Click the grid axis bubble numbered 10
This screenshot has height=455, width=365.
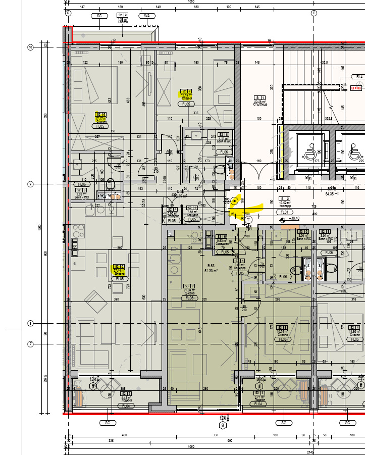(x=30, y=47)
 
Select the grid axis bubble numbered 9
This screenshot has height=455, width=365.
(x=30, y=184)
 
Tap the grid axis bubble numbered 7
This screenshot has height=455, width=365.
(x=30, y=344)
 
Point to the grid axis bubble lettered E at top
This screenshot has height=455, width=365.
(x=314, y=12)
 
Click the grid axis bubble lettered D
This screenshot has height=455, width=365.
(x=68, y=12)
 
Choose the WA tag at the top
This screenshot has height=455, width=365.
(x=147, y=16)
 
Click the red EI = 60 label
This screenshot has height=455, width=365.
(x=355, y=88)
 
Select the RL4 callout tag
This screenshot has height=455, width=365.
(x=359, y=77)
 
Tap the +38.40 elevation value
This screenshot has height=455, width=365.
(x=294, y=219)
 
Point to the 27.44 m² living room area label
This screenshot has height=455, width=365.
(x=118, y=271)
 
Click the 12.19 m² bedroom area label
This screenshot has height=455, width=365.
(x=186, y=94)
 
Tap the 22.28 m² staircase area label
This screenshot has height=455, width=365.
(x=260, y=102)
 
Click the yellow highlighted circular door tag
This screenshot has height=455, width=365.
(x=234, y=201)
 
